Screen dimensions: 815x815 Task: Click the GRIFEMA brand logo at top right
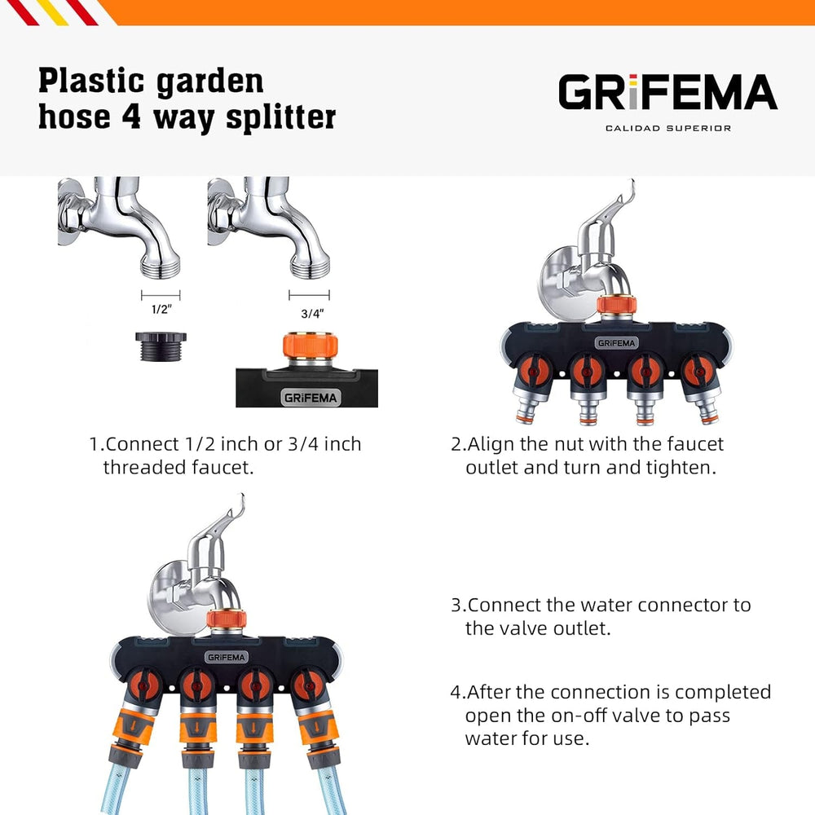point(667,92)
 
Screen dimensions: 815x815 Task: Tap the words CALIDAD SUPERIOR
point(667,128)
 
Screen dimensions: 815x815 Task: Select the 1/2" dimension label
point(161,311)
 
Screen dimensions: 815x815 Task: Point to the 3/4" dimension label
point(309,312)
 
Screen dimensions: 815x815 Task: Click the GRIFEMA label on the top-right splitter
point(615,342)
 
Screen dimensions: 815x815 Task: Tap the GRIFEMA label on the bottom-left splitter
point(226,656)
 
